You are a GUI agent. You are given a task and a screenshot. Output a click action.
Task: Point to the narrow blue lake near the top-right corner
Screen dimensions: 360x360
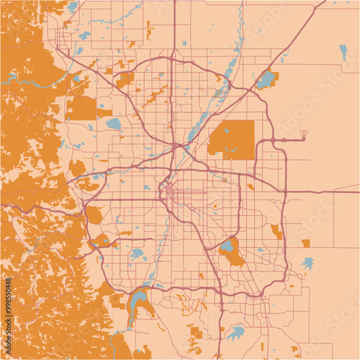pyautogui.click(x=343, y=52)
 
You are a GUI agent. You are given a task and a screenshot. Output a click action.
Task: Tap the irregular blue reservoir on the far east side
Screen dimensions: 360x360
pyautogui.click(x=308, y=263)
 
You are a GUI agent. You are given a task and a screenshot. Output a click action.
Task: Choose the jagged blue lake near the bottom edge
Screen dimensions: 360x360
pyautogui.click(x=235, y=332)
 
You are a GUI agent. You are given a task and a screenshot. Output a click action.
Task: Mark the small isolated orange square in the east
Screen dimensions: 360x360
pyautogui.click(x=306, y=243)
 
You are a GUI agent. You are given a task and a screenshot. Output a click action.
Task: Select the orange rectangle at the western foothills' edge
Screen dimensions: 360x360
pyautogui.click(x=82, y=108)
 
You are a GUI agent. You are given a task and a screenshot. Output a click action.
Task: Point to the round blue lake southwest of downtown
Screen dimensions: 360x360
pyautogui.click(x=137, y=253)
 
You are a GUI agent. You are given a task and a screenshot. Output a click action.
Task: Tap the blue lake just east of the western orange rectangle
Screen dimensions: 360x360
pyautogui.click(x=114, y=123)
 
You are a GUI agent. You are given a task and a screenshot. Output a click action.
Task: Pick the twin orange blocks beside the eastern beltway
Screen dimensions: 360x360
pyautogui.click(x=276, y=231)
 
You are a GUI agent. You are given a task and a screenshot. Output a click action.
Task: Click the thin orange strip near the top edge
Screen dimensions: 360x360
pyautogui.click(x=150, y=30)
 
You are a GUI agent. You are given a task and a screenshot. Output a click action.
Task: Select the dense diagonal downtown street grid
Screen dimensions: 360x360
pyautogui.click(x=167, y=189)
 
